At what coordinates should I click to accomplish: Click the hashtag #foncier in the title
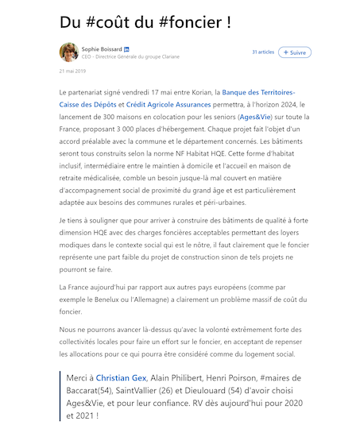[188, 21]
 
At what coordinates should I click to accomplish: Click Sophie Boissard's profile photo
[68, 52]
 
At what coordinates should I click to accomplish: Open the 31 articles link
[263, 52]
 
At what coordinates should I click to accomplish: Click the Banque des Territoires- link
[258, 93]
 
